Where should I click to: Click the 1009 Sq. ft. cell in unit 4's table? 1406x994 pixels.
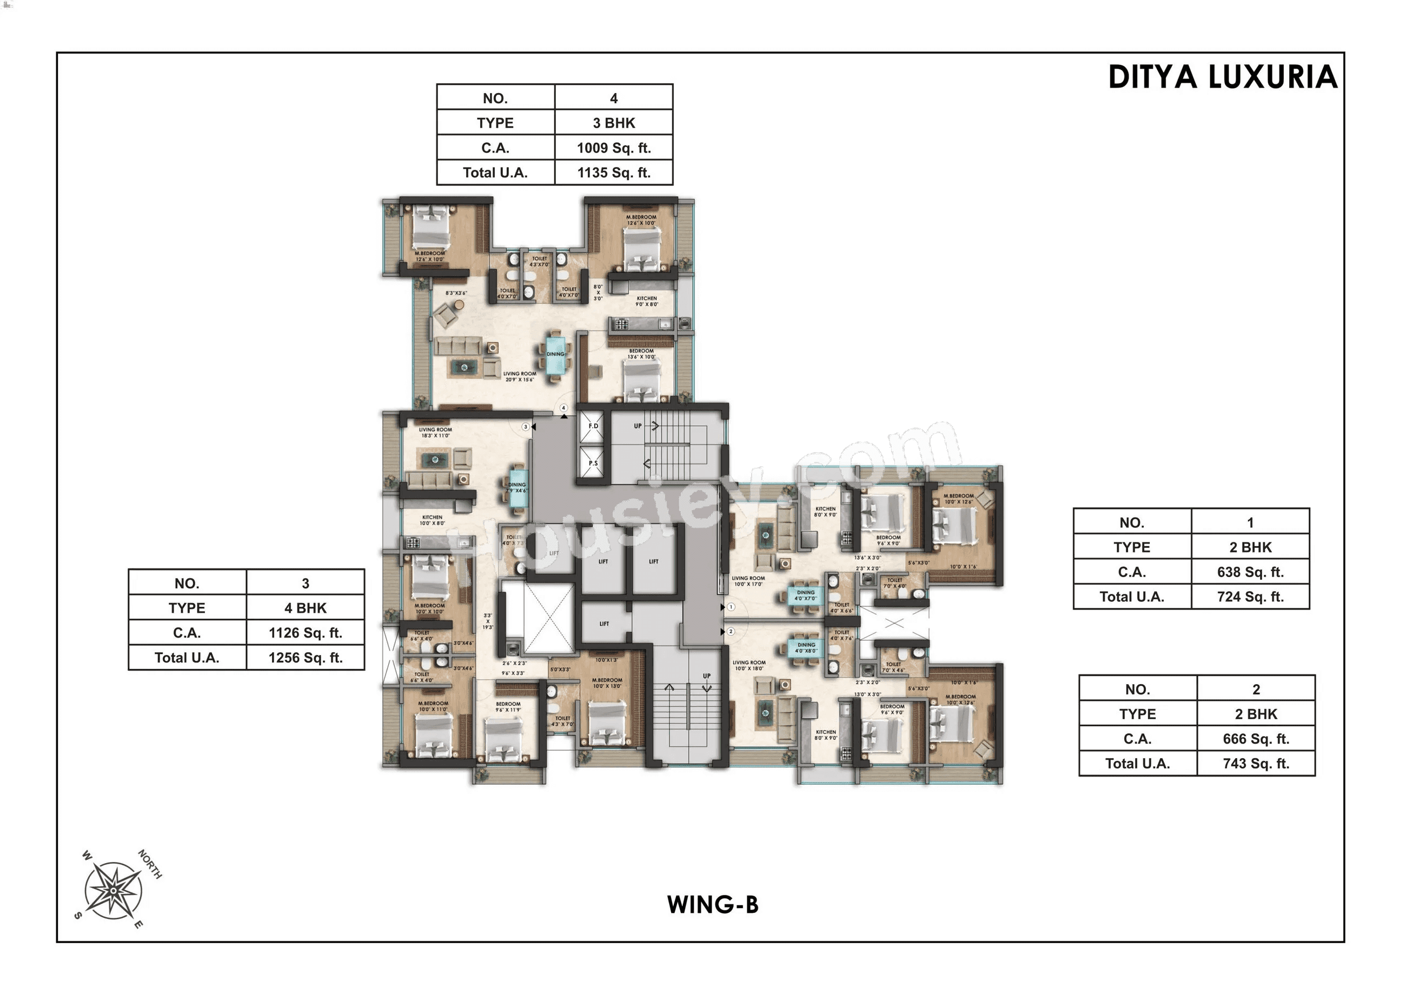[614, 148]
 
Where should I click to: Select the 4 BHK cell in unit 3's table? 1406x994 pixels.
[305, 608]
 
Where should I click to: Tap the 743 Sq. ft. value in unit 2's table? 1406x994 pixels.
[1256, 764]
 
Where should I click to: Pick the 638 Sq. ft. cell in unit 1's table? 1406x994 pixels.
[1250, 572]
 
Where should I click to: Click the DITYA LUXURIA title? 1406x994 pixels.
[1222, 78]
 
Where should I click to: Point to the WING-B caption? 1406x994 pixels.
[713, 905]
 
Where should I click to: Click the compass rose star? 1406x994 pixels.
[114, 891]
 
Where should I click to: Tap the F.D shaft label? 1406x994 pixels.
[593, 426]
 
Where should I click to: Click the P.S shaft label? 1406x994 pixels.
[593, 463]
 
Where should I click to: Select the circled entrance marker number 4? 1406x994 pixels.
[563, 408]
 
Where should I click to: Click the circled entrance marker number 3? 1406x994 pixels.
[526, 427]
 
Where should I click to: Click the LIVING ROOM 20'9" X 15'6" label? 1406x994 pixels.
[519, 376]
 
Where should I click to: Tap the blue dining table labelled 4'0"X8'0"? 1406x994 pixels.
[806, 647]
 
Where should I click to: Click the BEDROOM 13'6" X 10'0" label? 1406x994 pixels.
[641, 354]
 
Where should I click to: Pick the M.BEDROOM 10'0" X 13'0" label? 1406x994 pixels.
[607, 683]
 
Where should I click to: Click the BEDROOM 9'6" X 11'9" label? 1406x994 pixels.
[508, 707]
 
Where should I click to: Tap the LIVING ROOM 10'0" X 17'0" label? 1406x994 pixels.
[748, 581]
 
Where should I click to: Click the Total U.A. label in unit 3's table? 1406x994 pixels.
[187, 658]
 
